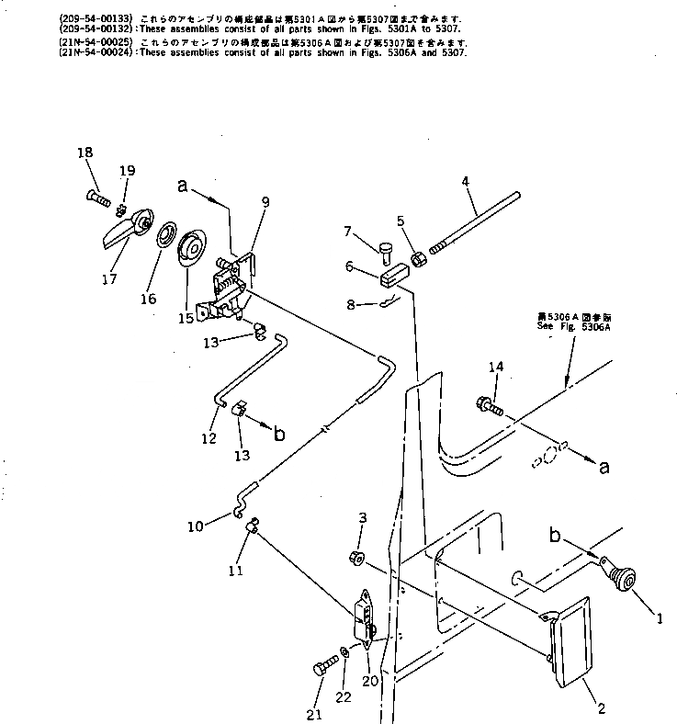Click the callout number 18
(x=85, y=153)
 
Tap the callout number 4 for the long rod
(x=466, y=182)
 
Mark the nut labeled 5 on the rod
(x=414, y=259)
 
